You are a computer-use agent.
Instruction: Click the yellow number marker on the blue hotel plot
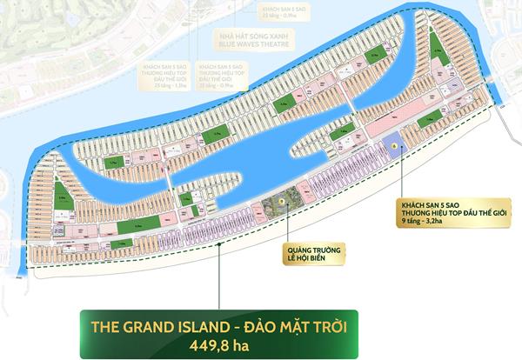394,146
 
